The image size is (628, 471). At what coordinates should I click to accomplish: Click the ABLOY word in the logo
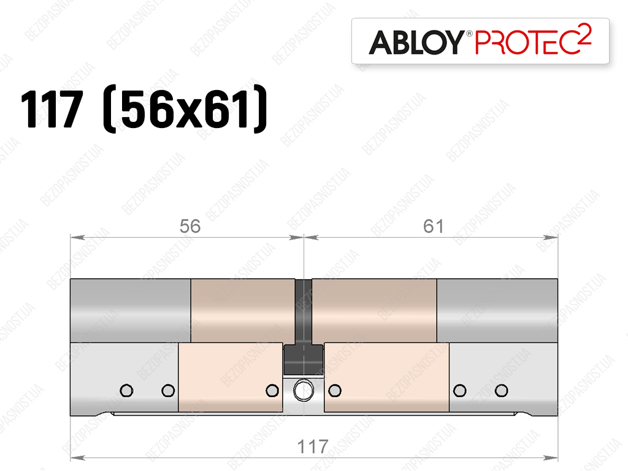(x=416, y=42)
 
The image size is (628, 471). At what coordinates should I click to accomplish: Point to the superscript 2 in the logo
(x=585, y=33)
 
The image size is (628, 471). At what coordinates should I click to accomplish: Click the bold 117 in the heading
(x=52, y=109)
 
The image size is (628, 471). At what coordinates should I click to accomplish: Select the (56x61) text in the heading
(x=185, y=109)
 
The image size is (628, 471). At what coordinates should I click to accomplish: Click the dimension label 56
(x=190, y=226)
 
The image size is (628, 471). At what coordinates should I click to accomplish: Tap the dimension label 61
(x=434, y=226)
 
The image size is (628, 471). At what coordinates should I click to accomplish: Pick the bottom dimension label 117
(x=313, y=447)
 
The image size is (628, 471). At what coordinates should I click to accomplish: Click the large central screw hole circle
(x=304, y=391)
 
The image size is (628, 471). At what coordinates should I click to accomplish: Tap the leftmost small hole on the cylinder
(x=126, y=390)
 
